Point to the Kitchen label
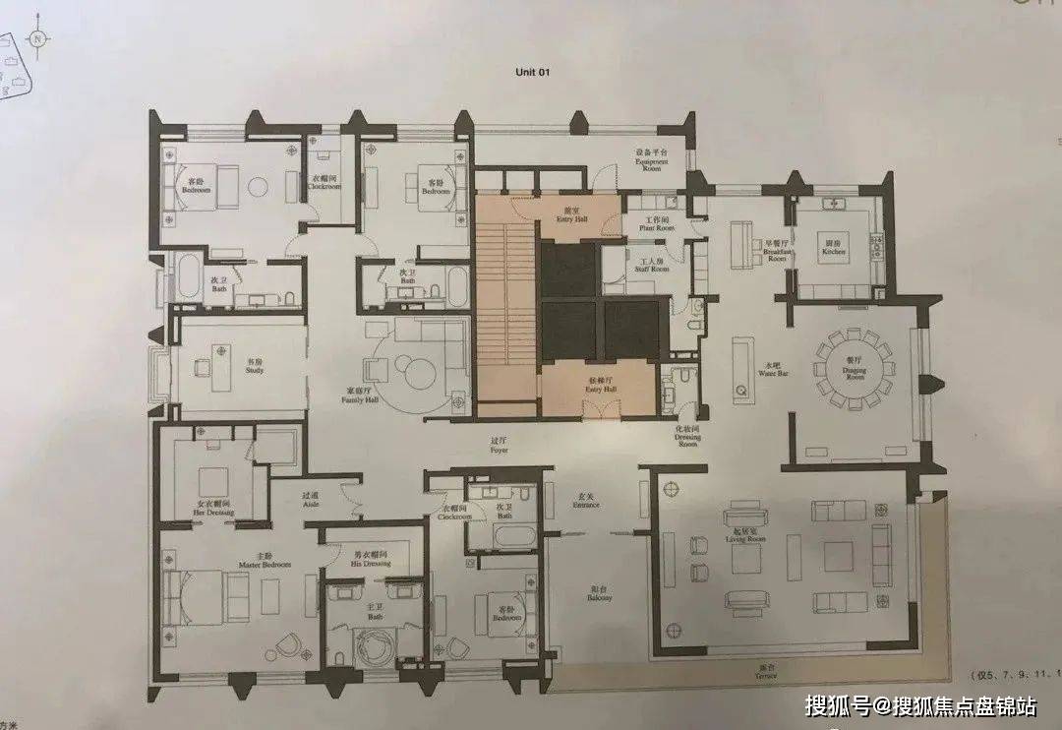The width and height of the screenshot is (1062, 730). point(834,249)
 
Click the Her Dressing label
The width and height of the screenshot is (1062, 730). point(212,509)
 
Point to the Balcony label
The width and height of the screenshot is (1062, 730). point(599,595)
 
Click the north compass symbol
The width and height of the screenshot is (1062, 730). point(37,40)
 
